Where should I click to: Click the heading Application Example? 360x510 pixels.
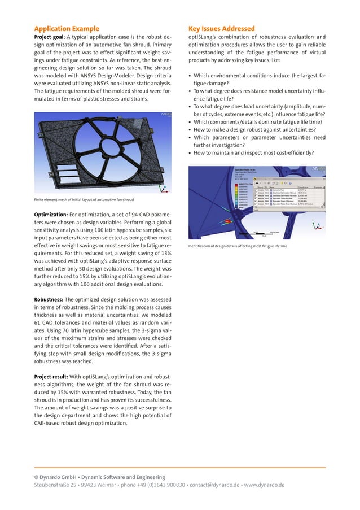(67, 29)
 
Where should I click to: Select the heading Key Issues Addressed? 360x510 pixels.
(221, 29)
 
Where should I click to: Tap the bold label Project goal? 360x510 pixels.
(50, 38)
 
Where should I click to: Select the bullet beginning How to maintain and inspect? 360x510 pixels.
(254, 152)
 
